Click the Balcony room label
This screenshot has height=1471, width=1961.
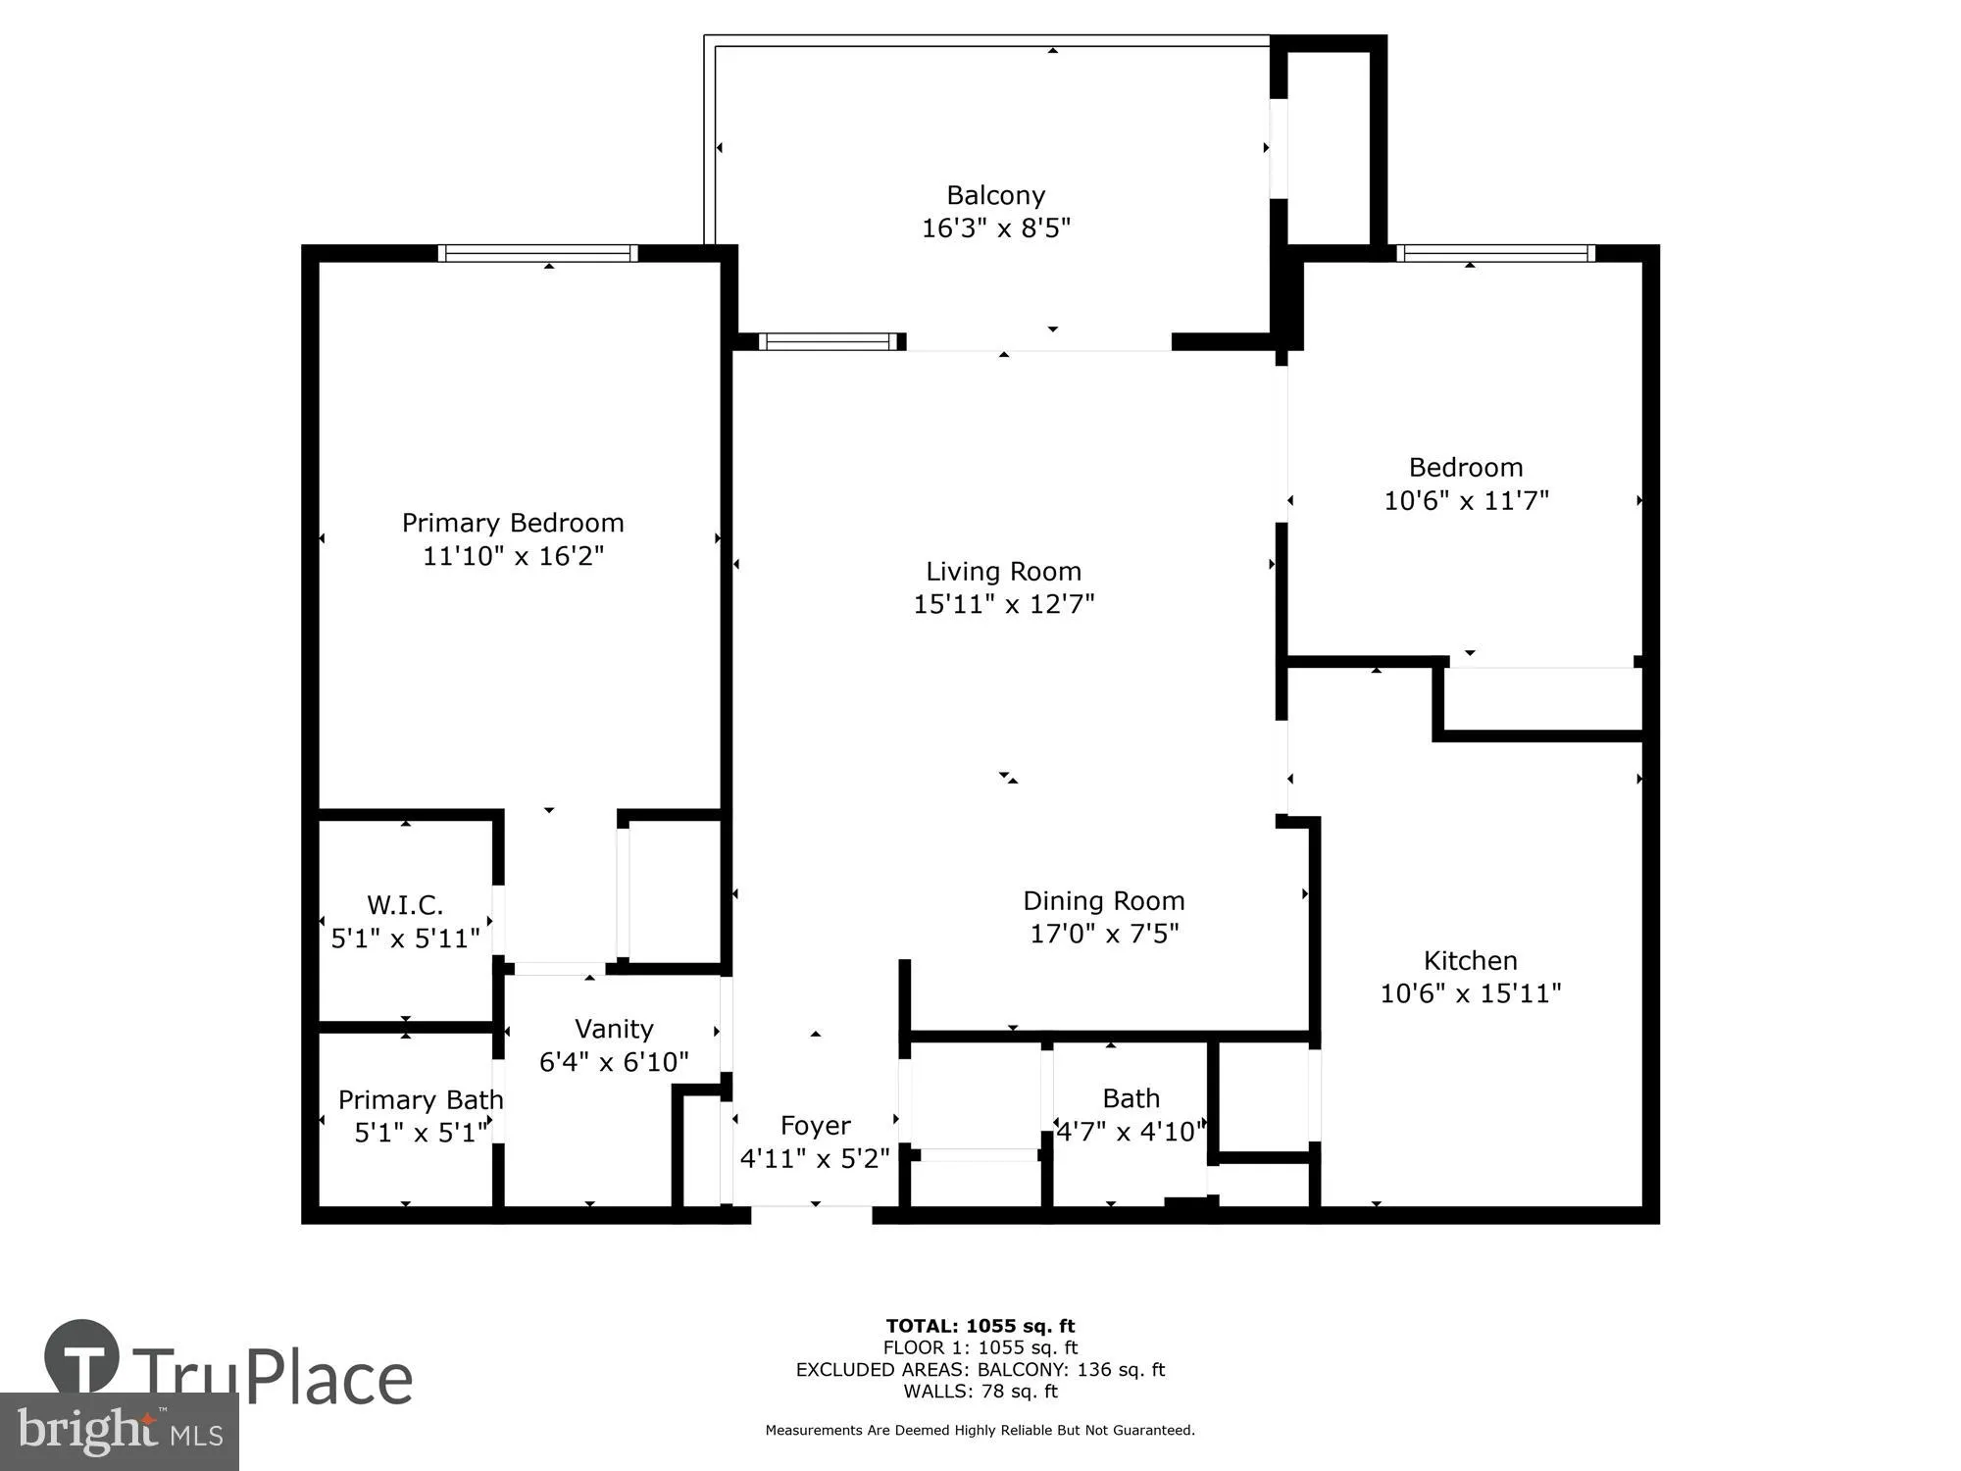point(995,195)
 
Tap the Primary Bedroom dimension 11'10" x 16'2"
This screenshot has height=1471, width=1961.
point(513,556)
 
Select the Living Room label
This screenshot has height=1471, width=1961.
point(1003,571)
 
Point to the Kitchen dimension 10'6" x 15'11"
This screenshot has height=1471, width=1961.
point(1470,993)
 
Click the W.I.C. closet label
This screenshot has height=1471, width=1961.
point(405,904)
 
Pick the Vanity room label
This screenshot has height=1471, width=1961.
point(614,1029)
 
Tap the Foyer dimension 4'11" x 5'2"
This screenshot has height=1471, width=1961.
point(814,1158)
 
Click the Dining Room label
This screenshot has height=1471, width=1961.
point(1103,900)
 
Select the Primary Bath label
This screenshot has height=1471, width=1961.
point(421,1099)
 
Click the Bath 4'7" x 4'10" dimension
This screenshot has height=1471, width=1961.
point(1131,1132)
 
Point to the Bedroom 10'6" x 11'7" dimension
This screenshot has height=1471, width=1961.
point(1466,500)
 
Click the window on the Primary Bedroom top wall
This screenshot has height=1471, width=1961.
point(537,253)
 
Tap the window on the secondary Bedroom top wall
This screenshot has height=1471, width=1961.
point(1495,253)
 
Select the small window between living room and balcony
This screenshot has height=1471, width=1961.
point(830,341)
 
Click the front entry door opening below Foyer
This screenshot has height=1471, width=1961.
point(812,1214)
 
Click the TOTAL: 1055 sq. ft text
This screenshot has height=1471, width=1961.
point(980,1326)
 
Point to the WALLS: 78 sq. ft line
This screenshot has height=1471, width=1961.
point(980,1391)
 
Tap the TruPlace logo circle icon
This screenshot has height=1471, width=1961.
point(81,1357)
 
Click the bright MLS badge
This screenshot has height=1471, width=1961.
point(119,1432)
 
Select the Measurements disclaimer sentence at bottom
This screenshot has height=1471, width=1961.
point(980,1430)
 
